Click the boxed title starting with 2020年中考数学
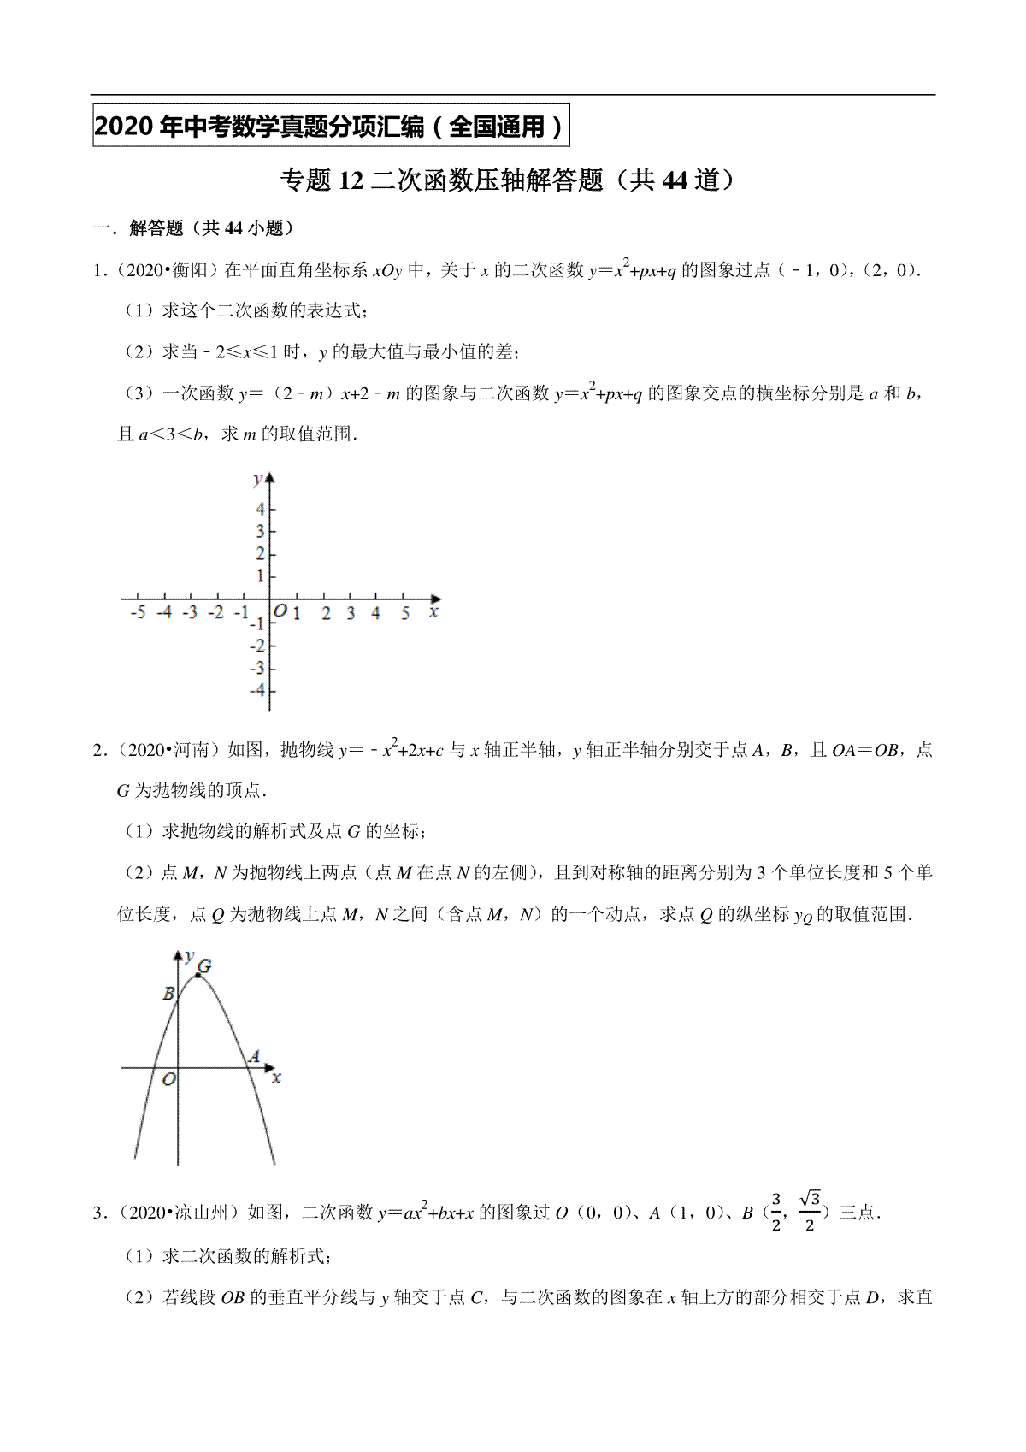pyautogui.click(x=330, y=127)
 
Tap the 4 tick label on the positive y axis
pyautogui.click(x=260, y=509)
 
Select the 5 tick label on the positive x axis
pyautogui.click(x=405, y=613)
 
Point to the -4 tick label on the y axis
pyautogui.click(x=256, y=691)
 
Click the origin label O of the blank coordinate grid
pyautogui.click(x=280, y=611)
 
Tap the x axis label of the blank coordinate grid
pyautogui.click(x=434, y=612)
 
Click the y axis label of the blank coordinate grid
pyautogui.click(x=256, y=480)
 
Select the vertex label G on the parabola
pyautogui.click(x=204, y=967)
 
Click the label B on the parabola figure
pyautogui.click(x=168, y=994)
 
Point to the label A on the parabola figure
pyautogui.click(x=253, y=1057)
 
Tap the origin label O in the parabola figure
pyautogui.click(x=168, y=1080)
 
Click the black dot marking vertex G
pyautogui.click(x=198, y=975)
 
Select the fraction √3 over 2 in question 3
pyautogui.click(x=809, y=1212)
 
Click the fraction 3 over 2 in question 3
pyautogui.click(x=776, y=1212)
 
